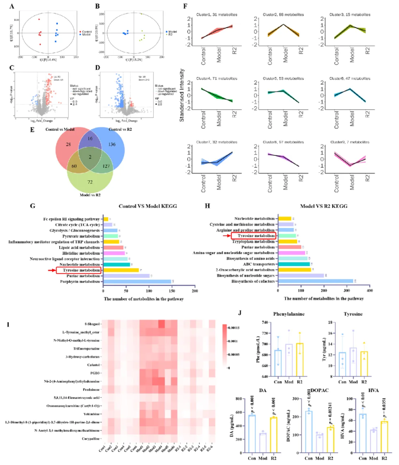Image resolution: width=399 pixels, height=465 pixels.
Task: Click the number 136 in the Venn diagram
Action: coord(107,144)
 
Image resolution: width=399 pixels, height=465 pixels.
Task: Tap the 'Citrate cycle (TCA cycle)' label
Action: coord(75,225)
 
